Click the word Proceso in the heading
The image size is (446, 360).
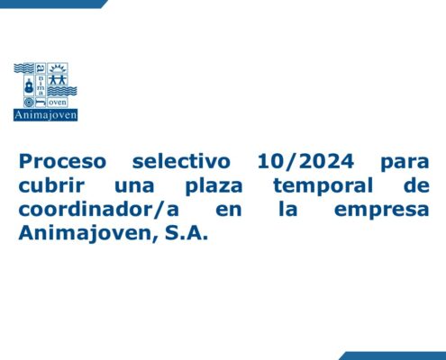click(x=62, y=161)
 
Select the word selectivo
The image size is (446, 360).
click(x=181, y=161)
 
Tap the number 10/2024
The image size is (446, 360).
click(x=305, y=161)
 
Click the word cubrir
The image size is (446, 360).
click(x=51, y=185)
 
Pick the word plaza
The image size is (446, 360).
click(x=214, y=186)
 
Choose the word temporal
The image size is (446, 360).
click(x=323, y=186)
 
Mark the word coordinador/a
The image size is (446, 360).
click(x=99, y=210)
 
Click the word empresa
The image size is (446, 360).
click(x=381, y=211)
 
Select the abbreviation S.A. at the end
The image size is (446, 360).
click(x=187, y=233)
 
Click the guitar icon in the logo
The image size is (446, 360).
click(x=29, y=85)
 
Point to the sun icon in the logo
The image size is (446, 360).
click(x=58, y=68)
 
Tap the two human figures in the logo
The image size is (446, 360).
click(x=58, y=80)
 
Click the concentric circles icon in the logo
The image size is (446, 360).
click(x=29, y=102)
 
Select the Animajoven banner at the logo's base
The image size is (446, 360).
click(x=45, y=115)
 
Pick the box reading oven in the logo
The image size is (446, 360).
click(x=58, y=103)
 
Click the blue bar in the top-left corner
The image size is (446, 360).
click(x=53, y=4)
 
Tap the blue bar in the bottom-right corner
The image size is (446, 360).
click(x=393, y=355)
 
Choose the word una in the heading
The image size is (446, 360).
click(x=134, y=186)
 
